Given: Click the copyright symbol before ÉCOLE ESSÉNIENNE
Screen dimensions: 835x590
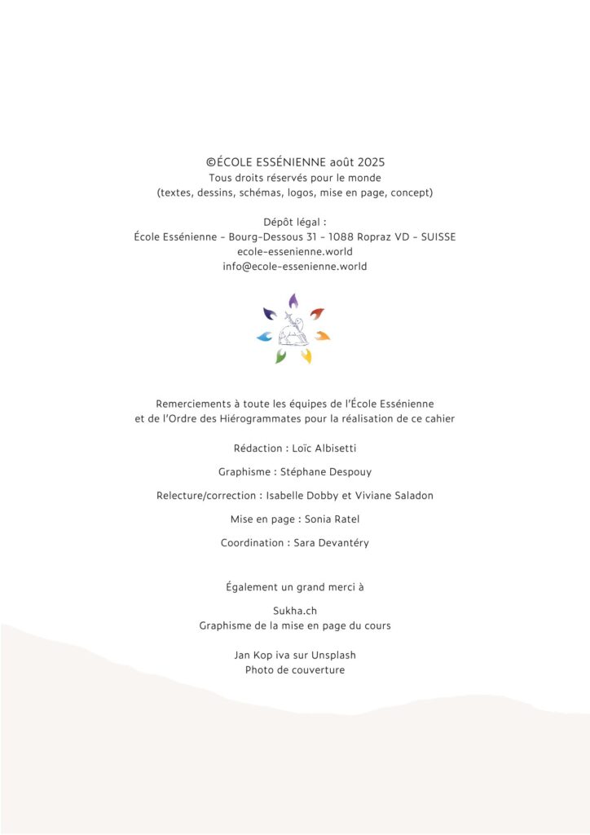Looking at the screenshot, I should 212,163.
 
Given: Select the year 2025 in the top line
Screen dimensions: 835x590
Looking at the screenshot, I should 370,163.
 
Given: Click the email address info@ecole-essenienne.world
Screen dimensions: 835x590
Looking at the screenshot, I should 295,267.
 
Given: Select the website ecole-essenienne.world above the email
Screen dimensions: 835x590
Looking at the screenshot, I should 295,252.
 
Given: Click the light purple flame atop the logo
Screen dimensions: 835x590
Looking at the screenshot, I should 293,301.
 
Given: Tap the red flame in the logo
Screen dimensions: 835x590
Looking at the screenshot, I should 317,313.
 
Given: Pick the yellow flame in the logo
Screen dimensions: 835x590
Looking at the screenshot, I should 307,356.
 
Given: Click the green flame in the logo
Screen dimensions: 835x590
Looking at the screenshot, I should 280,356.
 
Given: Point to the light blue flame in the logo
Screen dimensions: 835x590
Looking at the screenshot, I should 264,336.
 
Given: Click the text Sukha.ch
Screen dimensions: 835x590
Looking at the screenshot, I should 295,611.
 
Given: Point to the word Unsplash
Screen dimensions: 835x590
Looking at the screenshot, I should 333,655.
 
